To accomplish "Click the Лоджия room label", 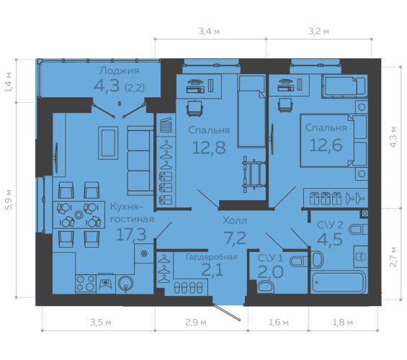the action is click(119, 71).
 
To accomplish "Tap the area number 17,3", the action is click(131, 234).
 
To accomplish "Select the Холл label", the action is click(235, 221).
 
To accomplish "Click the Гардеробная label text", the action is click(212, 257).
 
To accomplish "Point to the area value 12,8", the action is click(209, 148).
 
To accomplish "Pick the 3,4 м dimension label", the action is click(209, 32).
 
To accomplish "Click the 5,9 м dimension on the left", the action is click(9, 199).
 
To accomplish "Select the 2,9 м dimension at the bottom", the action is click(196, 323).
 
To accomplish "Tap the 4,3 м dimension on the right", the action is click(393, 137).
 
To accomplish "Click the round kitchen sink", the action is click(125, 283).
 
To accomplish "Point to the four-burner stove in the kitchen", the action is click(86, 283).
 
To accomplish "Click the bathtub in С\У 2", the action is click(339, 282).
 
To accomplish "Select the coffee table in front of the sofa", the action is click(108, 143).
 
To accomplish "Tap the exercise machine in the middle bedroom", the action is click(254, 174).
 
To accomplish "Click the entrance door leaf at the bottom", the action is click(227, 312).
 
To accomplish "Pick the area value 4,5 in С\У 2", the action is click(330, 239).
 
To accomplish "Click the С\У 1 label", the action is click(270, 258).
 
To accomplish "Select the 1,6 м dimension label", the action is click(279, 323).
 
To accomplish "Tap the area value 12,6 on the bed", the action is click(326, 145).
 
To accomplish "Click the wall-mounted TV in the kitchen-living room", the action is click(55, 158).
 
